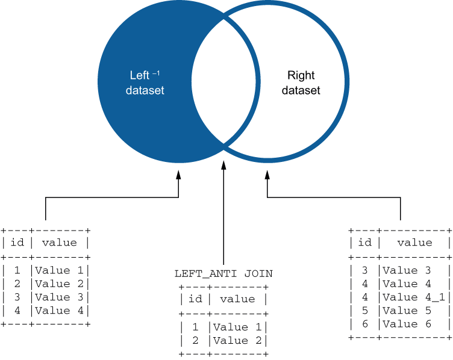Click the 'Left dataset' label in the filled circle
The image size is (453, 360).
145,83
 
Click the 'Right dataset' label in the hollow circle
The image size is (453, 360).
301,83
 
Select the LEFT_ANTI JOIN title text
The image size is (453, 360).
223,273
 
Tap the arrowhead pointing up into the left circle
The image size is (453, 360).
178,175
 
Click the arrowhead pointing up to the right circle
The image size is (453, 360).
267,175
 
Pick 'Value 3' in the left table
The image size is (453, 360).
61,297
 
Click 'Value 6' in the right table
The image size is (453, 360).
408,324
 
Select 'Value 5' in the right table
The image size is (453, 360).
408,310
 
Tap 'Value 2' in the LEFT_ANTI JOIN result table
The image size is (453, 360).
239,340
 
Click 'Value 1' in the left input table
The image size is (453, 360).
61,270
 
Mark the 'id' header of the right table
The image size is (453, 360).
365,243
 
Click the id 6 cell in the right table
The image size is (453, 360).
365,324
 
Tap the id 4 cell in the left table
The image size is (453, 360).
17,311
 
